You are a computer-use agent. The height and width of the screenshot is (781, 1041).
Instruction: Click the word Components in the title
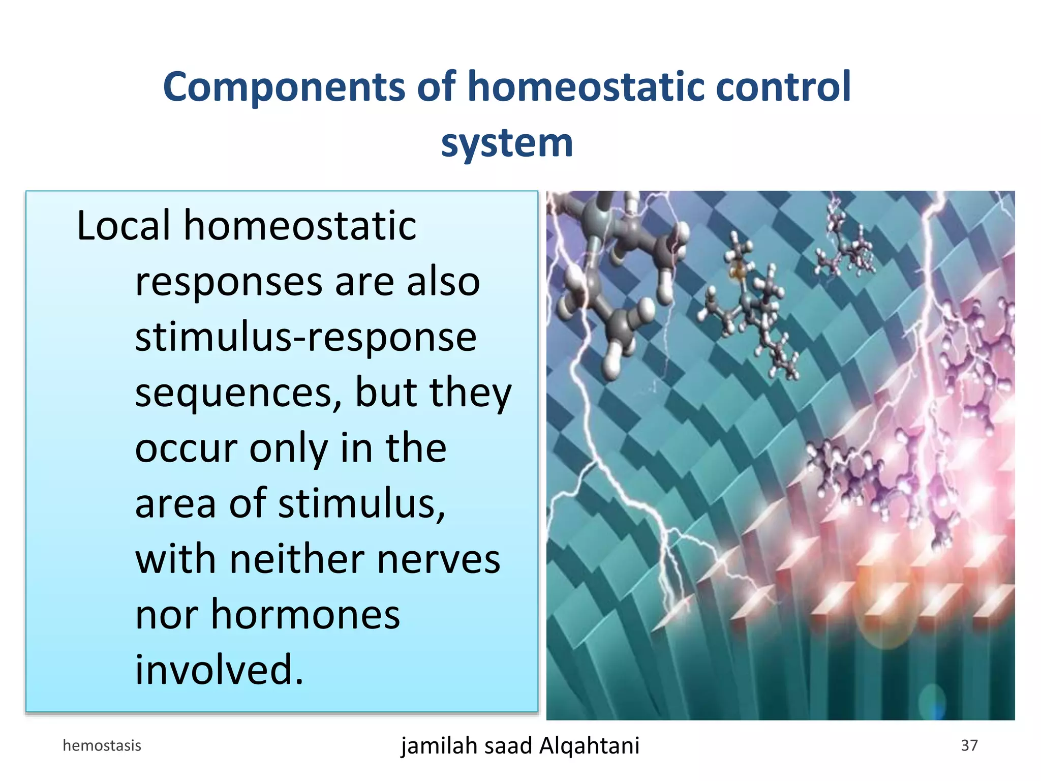click(283, 87)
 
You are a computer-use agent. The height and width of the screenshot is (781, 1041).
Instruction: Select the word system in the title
click(507, 143)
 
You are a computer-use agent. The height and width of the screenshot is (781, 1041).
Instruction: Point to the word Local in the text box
click(124, 226)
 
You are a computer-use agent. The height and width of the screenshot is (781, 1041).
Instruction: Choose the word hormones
click(305, 615)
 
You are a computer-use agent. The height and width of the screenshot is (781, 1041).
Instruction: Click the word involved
click(219, 670)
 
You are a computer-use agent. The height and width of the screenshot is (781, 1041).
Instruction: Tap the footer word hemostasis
click(102, 745)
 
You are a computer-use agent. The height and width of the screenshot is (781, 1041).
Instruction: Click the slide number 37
click(969, 745)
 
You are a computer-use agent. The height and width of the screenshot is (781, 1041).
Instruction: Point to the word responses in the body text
click(229, 282)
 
